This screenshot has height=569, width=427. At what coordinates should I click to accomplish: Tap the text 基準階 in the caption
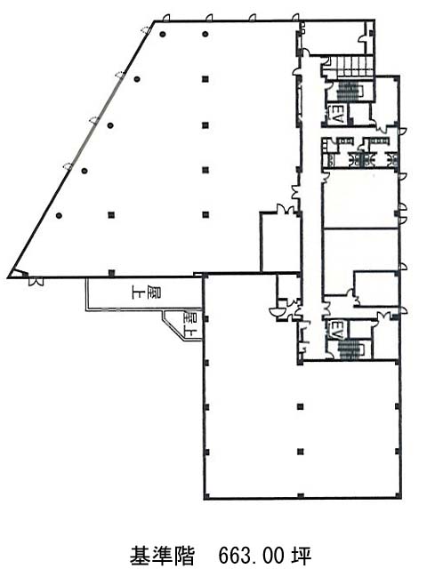[162, 554]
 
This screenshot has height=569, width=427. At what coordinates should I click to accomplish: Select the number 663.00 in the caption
[251, 554]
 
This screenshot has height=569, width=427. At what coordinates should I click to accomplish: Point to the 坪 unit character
[301, 554]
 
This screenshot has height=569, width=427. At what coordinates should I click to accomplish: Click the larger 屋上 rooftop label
[147, 293]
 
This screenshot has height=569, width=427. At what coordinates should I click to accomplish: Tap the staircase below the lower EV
[350, 349]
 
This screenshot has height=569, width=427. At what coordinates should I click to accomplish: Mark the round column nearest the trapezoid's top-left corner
[163, 35]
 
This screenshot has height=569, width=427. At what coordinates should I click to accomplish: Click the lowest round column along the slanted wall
[59, 215]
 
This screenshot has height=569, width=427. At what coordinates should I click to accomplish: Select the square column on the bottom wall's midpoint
[301, 496]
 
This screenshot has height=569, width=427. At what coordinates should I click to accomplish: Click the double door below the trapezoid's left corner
[36, 281]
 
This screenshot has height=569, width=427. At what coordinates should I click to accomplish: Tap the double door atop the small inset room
[286, 209]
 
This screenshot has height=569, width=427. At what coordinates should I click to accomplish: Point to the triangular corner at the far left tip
[16, 274]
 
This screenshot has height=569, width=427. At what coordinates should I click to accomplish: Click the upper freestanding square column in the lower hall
[301, 407]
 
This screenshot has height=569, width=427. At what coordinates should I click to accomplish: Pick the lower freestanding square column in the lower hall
[301, 452]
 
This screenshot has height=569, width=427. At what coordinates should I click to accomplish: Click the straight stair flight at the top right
[355, 67]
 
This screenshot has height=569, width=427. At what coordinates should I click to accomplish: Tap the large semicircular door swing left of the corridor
[274, 312]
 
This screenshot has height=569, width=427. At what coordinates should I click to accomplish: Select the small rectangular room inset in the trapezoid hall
[279, 242]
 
